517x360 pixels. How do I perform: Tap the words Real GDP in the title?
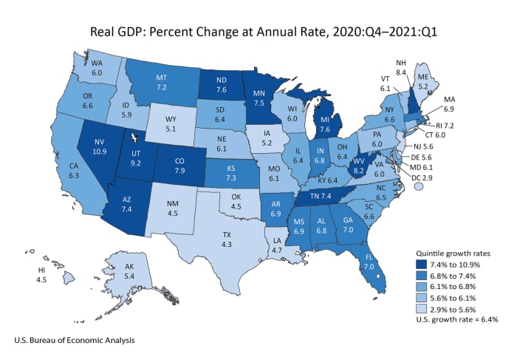[118, 32]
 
